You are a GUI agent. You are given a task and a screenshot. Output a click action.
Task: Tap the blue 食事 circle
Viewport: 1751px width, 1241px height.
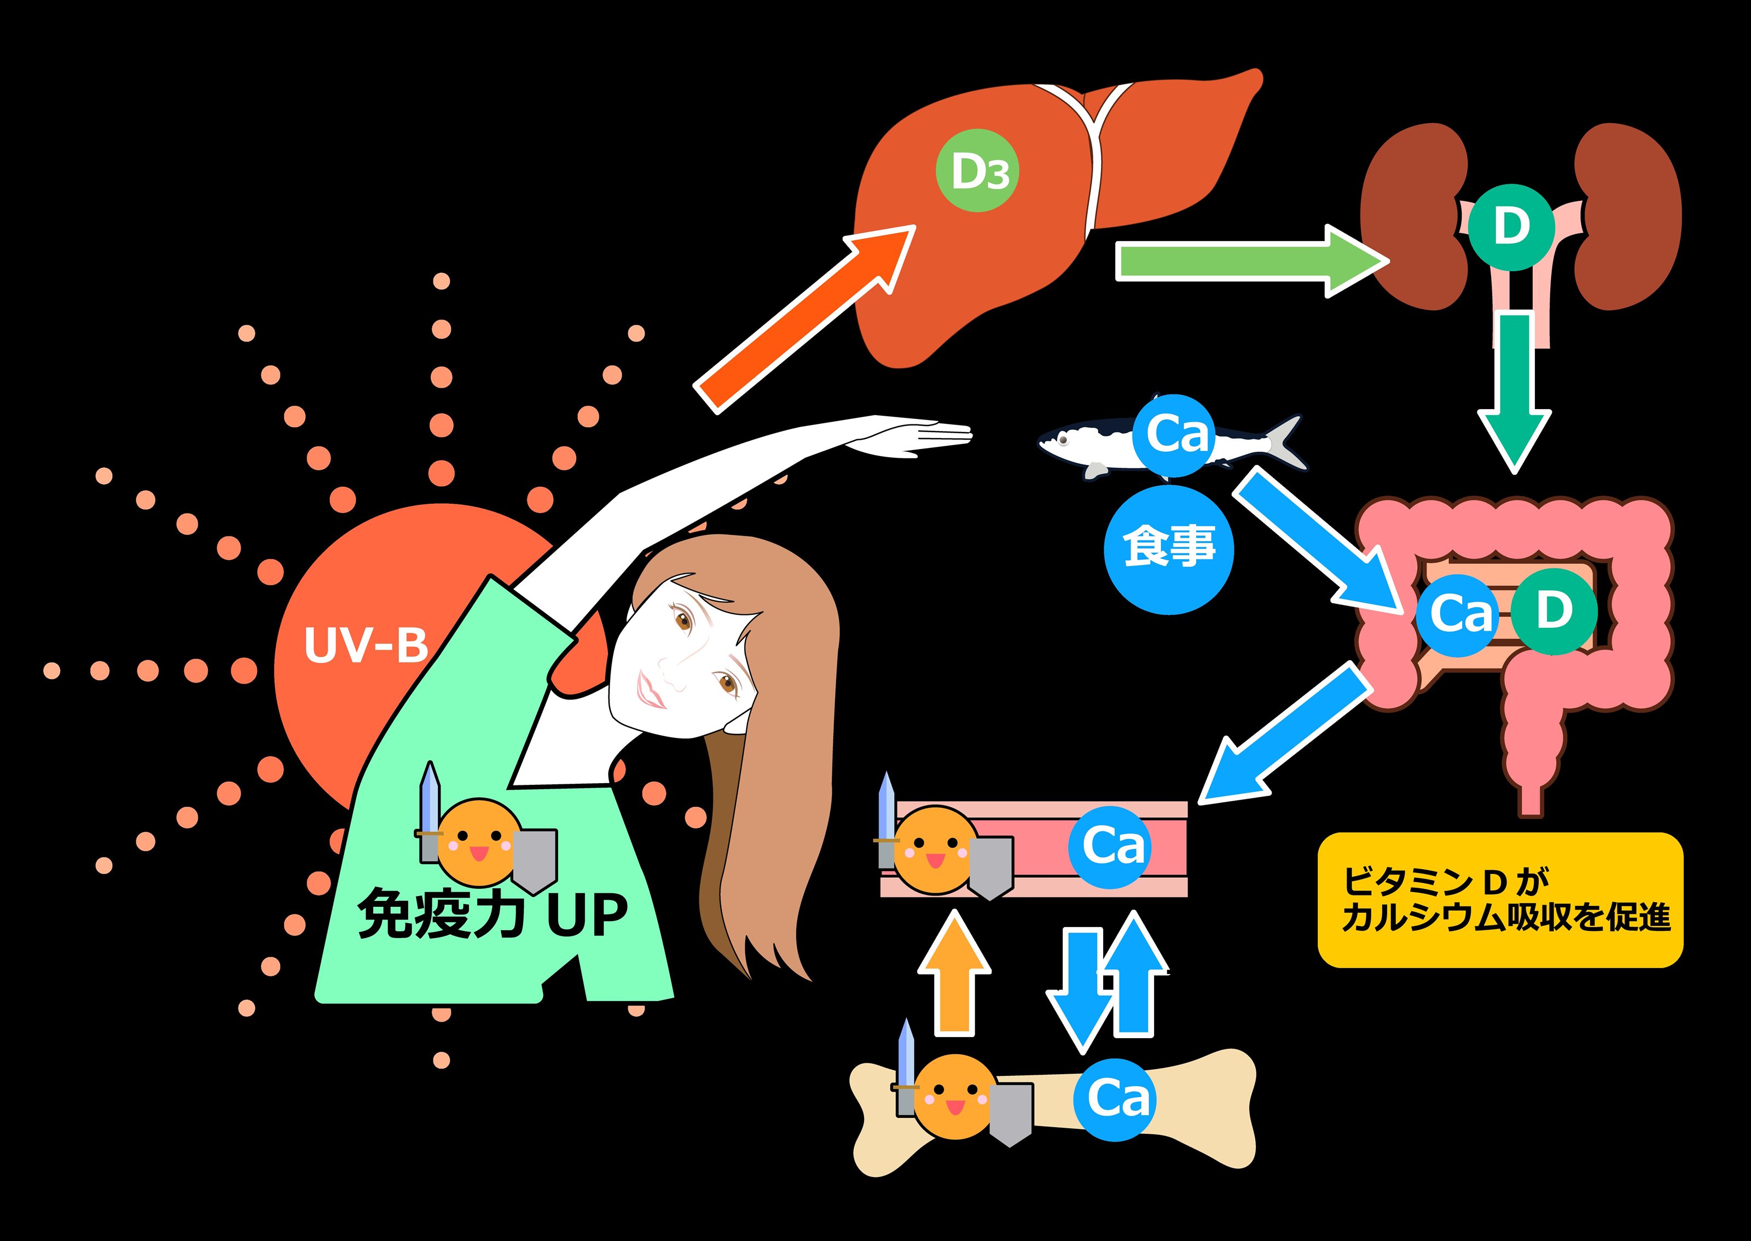click(1169, 549)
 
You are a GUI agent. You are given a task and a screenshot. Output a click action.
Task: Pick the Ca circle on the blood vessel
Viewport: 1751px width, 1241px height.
click(1112, 847)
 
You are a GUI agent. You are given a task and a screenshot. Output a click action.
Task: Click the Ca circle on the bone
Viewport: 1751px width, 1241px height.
click(1117, 1099)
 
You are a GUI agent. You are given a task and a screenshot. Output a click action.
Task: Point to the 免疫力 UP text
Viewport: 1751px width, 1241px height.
click(493, 914)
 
